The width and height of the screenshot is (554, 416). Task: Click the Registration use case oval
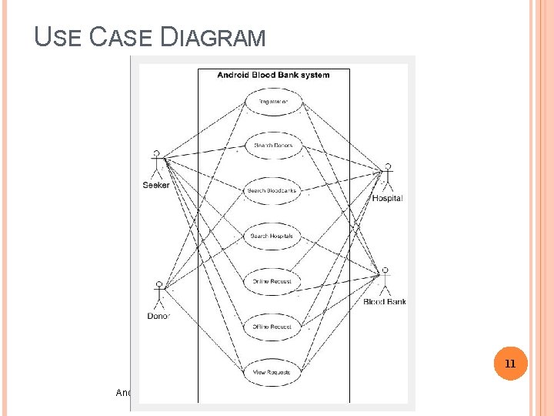click(273, 101)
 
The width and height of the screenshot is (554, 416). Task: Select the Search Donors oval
click(273, 146)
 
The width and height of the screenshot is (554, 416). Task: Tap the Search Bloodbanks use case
click(272, 191)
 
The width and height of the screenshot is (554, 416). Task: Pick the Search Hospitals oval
click(272, 236)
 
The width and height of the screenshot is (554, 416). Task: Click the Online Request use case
click(272, 281)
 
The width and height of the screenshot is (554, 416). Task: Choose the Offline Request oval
click(272, 326)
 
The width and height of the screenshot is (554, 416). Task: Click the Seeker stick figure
click(157, 164)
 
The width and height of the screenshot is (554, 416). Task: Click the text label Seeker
click(156, 185)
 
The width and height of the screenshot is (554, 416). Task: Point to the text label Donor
click(159, 316)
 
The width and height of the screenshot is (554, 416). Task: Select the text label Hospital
click(387, 199)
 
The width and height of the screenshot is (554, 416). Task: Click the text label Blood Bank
click(384, 302)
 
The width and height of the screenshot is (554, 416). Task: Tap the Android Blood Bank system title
click(273, 75)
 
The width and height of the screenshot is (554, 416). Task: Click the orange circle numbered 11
click(509, 363)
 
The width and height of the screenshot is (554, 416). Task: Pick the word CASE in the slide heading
click(122, 37)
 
